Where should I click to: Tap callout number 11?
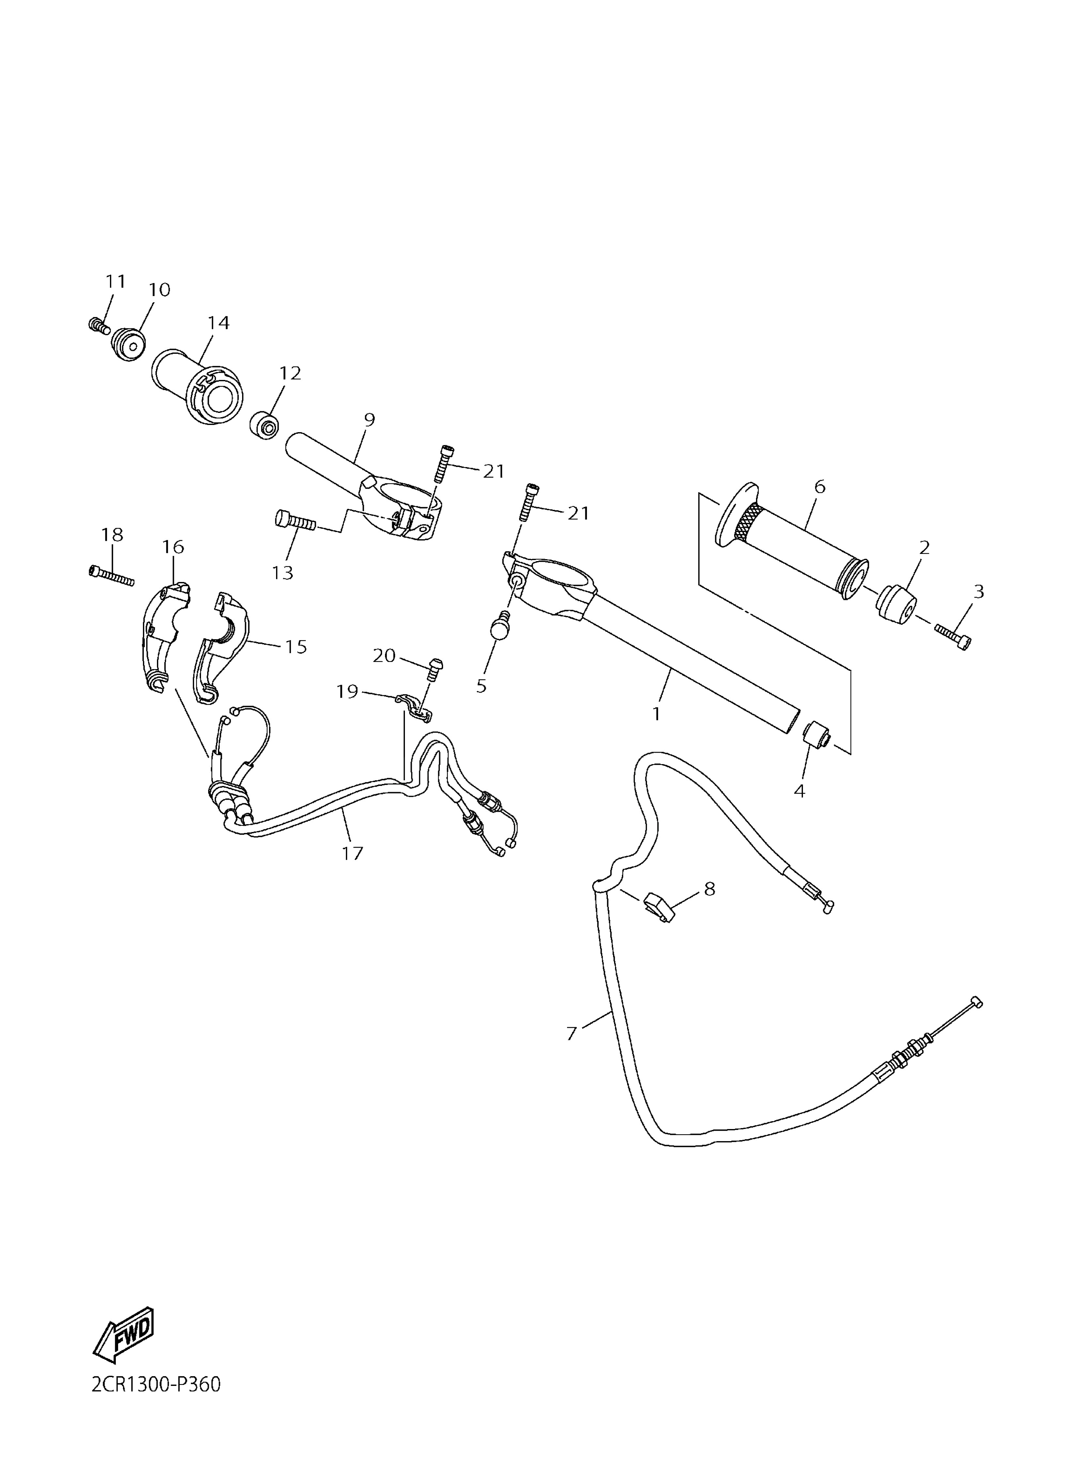[x=116, y=282]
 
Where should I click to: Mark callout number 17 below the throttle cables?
[x=353, y=853]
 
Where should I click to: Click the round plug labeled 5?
[x=500, y=628]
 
